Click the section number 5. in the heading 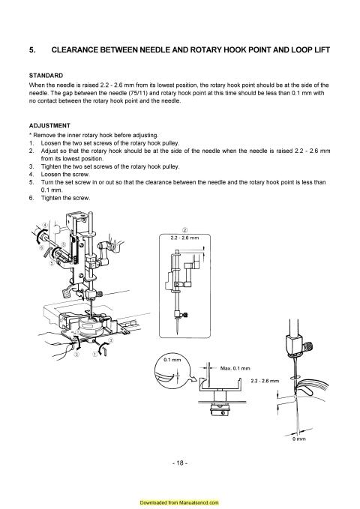tap(31, 50)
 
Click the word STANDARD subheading tap(44, 77)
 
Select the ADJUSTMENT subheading tap(49, 125)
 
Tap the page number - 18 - tap(180, 463)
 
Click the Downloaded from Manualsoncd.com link tap(180, 499)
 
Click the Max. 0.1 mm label tap(235, 369)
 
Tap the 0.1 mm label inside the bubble tap(172, 361)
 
